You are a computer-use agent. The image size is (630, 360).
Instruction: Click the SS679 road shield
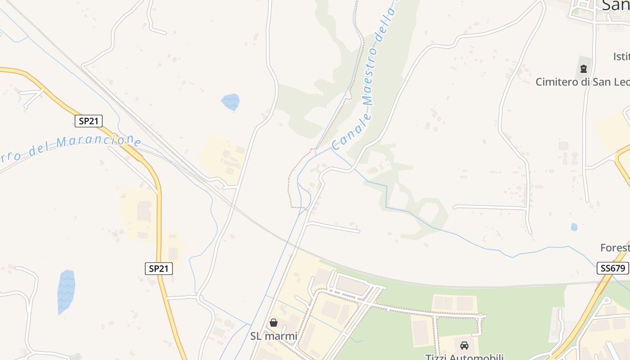click(612, 268)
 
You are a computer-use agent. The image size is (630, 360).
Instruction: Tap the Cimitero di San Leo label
click(582, 82)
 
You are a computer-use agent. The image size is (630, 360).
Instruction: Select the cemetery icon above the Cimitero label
click(584, 69)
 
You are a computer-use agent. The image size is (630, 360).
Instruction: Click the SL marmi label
click(274, 336)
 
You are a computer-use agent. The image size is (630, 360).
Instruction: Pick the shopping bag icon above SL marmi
click(273, 322)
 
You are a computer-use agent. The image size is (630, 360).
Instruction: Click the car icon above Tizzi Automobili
click(464, 346)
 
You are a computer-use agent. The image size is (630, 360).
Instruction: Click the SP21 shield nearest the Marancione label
click(89, 121)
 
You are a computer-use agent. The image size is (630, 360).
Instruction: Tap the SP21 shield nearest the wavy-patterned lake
click(159, 269)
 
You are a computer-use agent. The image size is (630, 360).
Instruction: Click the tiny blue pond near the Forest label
click(574, 227)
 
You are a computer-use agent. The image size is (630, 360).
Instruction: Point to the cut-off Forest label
click(615, 247)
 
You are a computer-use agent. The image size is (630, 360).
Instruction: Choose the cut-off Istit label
click(621, 57)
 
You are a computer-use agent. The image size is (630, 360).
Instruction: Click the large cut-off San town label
click(615, 5)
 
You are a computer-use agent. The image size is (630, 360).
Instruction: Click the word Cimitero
click(555, 82)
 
